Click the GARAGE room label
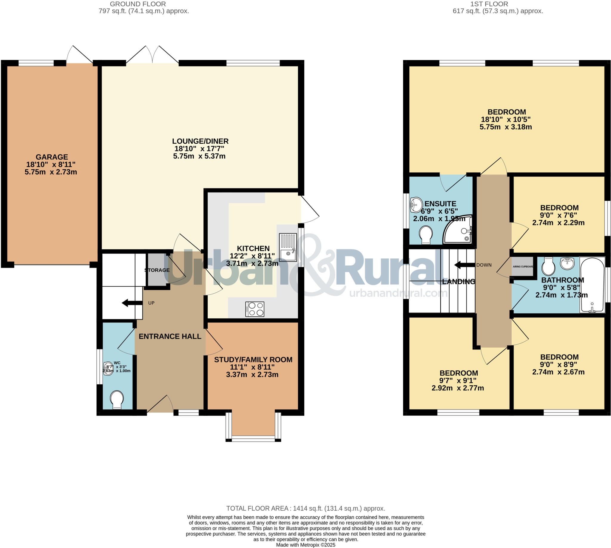point(52,157)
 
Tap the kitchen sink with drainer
point(288,247)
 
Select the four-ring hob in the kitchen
point(255,309)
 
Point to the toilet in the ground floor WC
point(116,400)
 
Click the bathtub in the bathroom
point(592,285)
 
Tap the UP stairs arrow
point(132,303)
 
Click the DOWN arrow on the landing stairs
point(465,265)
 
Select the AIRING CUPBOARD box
point(523,266)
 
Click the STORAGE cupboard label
point(157,270)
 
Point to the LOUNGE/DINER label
point(200,141)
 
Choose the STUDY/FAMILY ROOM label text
point(253,360)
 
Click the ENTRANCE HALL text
point(170,336)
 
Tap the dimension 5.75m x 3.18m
point(505,127)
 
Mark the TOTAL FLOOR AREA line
point(305,509)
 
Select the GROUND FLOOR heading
point(138,4)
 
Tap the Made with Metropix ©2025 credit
point(305,545)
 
